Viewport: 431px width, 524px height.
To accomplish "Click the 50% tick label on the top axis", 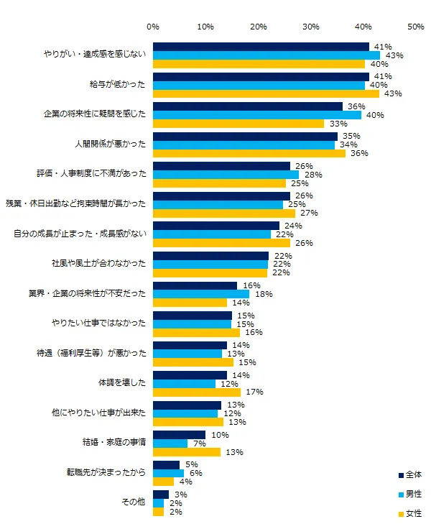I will point(415,27).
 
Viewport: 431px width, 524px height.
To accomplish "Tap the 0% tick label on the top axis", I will point(153,27).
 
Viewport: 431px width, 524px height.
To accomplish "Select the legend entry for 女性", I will point(409,513).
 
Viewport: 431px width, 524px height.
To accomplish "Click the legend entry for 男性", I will point(409,495).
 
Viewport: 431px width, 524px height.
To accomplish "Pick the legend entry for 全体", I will point(409,475).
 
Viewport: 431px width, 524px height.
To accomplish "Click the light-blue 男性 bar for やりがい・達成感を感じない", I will point(266,55).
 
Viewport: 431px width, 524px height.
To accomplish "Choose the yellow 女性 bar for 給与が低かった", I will point(266,93).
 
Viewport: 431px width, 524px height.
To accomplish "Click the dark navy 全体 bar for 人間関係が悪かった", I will point(245,136).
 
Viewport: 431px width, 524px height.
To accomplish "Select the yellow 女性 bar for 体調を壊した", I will point(197,392).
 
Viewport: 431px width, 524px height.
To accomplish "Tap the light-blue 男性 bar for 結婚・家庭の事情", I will point(170,443).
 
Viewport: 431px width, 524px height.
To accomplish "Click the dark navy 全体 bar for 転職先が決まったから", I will point(166,464).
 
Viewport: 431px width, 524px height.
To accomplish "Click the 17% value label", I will point(254,392).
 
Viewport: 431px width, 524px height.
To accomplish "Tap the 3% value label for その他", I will point(180,494).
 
